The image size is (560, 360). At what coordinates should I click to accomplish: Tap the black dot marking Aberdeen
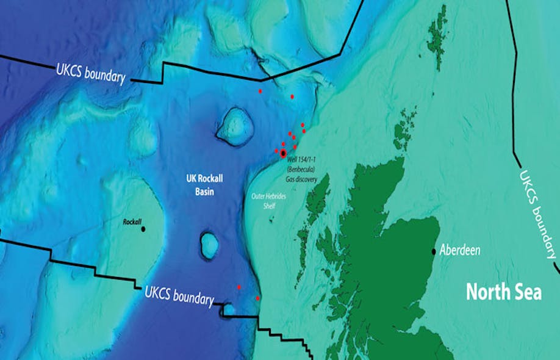(x=434, y=251)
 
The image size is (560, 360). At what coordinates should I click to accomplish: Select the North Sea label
(x=504, y=292)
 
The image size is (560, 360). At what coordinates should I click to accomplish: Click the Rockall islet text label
(x=132, y=223)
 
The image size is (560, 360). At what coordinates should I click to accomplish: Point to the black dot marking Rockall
(x=143, y=229)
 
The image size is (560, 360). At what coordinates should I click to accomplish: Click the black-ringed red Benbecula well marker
(x=283, y=153)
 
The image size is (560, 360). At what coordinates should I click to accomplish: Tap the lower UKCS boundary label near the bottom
(x=179, y=295)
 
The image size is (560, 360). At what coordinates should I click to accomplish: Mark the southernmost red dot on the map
(x=257, y=298)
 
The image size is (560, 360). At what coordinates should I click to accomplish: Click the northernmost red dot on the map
(x=260, y=91)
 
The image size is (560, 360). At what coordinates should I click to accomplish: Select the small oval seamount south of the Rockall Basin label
(x=210, y=245)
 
